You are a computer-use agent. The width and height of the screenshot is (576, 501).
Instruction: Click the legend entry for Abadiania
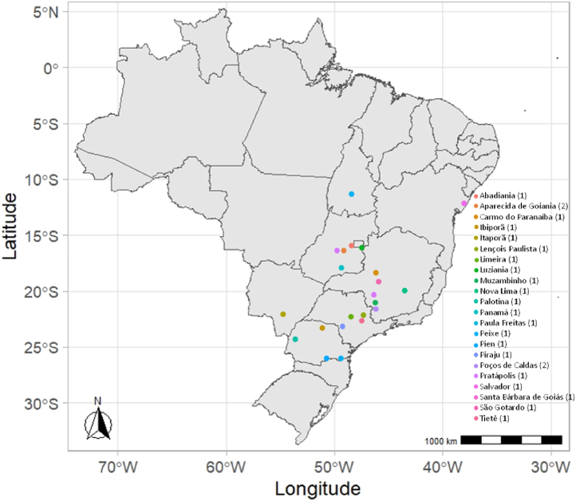coord(503,195)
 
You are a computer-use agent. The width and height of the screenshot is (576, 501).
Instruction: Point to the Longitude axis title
coord(318,488)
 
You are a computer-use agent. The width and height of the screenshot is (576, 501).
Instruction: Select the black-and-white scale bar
coord(511,440)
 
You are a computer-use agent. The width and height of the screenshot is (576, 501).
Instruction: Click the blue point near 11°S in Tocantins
coord(351,194)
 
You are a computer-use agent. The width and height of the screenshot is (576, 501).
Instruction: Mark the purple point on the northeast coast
coord(464,203)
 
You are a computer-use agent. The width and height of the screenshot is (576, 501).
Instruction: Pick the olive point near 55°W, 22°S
coord(283,314)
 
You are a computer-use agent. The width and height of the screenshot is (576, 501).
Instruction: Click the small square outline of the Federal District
coord(358,243)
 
